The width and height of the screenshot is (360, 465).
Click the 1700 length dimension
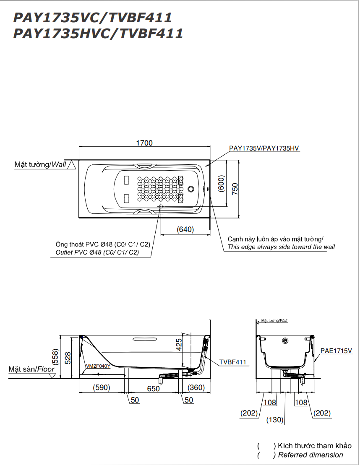144,143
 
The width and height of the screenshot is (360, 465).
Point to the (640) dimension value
185,229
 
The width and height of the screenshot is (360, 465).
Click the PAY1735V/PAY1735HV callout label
264,148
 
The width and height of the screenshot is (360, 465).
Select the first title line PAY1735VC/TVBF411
93,18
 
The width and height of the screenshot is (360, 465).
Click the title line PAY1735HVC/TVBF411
98,34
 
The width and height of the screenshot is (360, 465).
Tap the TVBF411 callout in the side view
232,362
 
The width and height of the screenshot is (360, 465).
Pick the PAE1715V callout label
336,351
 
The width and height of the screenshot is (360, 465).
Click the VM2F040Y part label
98,366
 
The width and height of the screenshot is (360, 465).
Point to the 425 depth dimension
179,344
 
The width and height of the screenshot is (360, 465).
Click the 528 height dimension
68,357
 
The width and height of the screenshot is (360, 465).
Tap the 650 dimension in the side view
153,389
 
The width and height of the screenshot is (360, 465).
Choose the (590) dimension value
101,388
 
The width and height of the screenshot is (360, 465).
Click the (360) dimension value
196,388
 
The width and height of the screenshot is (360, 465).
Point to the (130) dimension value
275,419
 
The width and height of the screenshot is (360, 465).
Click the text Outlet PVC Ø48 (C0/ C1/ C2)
97,253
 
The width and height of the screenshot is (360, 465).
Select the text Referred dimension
310,455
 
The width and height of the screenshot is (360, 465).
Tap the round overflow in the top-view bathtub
192,189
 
